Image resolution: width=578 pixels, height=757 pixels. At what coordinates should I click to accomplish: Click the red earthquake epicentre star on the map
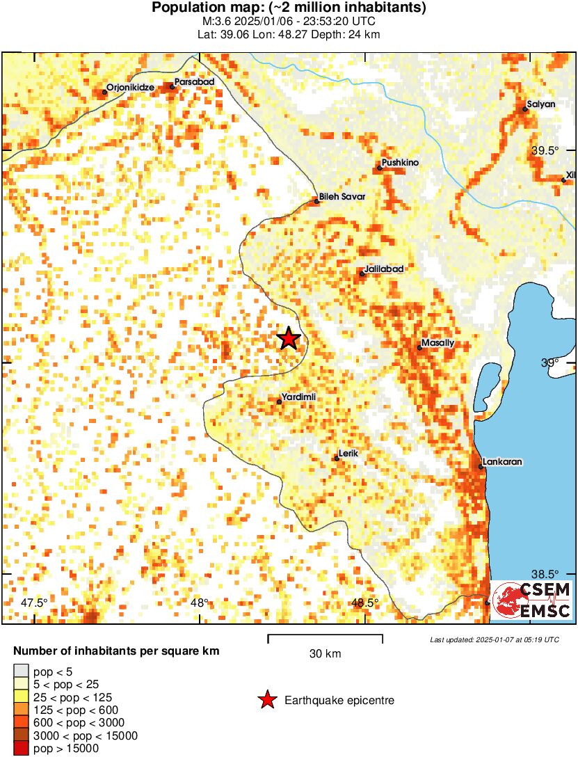[x=289, y=339]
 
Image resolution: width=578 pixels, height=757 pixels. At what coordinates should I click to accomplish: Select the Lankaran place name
[x=502, y=461]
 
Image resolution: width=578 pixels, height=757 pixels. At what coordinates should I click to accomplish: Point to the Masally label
[x=438, y=343]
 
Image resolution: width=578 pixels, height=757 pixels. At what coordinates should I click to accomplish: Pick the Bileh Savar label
[x=342, y=196]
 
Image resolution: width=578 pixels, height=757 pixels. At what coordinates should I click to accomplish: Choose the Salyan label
[x=541, y=104]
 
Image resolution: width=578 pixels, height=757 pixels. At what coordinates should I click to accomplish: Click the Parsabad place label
[x=194, y=81]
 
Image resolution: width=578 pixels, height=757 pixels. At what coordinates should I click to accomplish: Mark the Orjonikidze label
[x=130, y=88]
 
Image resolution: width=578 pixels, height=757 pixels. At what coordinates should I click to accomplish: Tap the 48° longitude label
[x=199, y=603]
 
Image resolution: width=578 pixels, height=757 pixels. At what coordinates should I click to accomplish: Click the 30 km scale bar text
[x=325, y=654]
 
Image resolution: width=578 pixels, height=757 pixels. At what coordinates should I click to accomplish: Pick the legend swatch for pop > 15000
[x=22, y=749]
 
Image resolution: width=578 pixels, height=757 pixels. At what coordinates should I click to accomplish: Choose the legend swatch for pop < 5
[x=22, y=671]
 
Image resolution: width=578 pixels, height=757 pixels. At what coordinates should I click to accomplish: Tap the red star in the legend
[x=267, y=701]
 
